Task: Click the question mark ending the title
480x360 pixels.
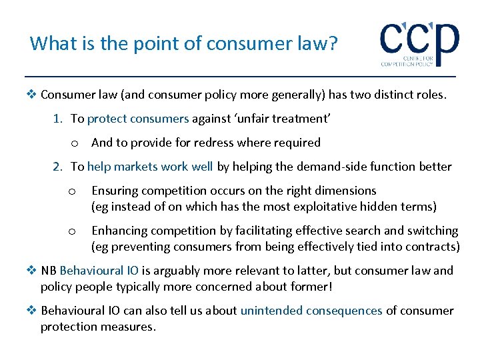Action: tap(333, 43)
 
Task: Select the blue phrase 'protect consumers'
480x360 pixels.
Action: tap(138, 119)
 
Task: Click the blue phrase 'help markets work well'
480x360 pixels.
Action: tap(151, 167)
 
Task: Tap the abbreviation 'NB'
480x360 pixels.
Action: tap(49, 271)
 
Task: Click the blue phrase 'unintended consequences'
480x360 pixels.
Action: tap(311, 311)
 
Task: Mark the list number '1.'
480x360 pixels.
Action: tap(59, 119)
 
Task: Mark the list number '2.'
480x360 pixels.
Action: tap(59, 167)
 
